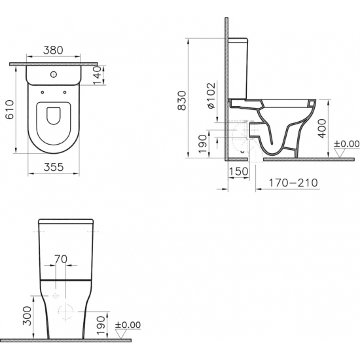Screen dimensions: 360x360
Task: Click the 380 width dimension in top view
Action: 54,49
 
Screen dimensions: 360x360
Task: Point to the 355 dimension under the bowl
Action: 53,166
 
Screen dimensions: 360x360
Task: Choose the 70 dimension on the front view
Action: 60,259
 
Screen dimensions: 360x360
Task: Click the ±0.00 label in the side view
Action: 347,143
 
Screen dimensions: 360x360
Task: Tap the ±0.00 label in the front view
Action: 127,325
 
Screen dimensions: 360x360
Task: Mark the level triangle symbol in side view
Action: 338,153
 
